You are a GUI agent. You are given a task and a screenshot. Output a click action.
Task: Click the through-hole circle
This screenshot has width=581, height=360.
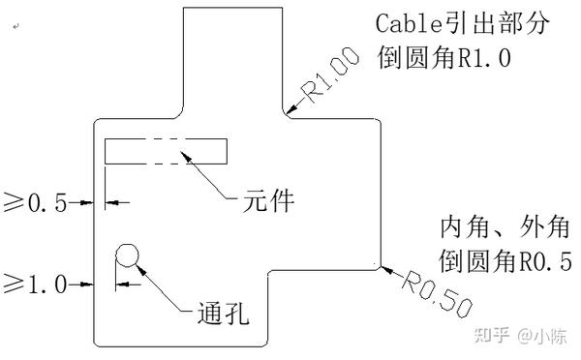click(x=127, y=255)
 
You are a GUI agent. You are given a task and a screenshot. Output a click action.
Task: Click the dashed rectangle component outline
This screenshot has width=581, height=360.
click(x=166, y=151)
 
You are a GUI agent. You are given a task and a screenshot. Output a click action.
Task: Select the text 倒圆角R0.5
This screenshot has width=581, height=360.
click(x=505, y=261)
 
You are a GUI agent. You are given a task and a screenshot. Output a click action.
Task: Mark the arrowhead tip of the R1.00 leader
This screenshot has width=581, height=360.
click(x=289, y=115)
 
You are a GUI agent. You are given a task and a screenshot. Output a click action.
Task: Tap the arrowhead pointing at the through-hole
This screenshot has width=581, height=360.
click(x=135, y=263)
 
